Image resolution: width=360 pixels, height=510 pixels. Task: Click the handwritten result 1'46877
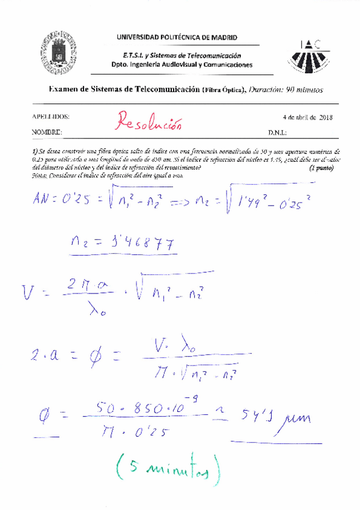138,244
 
